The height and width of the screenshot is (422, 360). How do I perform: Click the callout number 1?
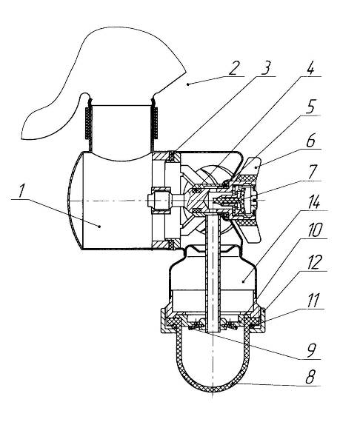coord(21,191)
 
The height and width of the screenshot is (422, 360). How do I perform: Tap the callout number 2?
coord(234,68)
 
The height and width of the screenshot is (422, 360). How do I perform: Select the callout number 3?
coord(265,67)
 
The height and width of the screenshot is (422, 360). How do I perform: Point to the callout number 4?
coord(310,67)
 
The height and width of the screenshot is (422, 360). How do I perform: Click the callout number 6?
coord(310,140)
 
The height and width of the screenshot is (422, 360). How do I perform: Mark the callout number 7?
coord(312,172)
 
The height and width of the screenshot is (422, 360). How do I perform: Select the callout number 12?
coord(314,262)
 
